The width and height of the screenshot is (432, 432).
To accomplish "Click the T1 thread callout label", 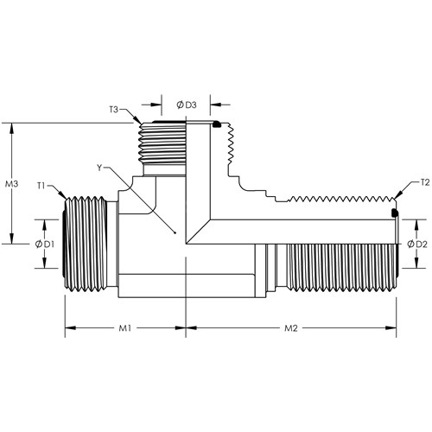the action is pyautogui.click(x=41, y=186).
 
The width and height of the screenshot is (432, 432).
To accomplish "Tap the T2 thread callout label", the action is pyautogui.click(x=425, y=182).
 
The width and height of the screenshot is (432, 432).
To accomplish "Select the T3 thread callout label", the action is pyautogui.click(x=114, y=110).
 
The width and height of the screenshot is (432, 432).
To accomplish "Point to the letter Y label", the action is pyautogui.click(x=99, y=168).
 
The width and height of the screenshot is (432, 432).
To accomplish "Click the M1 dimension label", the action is pyautogui.click(x=125, y=328).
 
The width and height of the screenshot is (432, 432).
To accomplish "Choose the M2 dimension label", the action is pyautogui.click(x=291, y=328).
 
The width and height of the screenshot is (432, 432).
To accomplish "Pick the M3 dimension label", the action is pyautogui.click(x=12, y=184).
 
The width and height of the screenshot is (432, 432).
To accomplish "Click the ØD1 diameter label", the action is pyautogui.click(x=45, y=245).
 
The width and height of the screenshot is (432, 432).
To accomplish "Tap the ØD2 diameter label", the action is pyautogui.click(x=416, y=245).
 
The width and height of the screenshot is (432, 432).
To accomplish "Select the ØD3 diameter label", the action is pyautogui.click(x=187, y=105).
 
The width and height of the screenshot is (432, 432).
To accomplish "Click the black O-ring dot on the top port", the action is pyautogui.click(x=216, y=124).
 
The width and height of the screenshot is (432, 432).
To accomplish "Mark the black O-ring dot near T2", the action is pyautogui.click(x=394, y=213).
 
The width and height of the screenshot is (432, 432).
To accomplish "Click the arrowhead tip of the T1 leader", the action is pyautogui.click(x=67, y=199).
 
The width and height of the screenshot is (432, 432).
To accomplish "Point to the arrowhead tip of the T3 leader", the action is pyautogui.click(x=141, y=124).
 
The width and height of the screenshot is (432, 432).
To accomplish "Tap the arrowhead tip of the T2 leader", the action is pyautogui.click(x=395, y=199).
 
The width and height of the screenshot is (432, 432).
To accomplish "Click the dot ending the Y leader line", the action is pyautogui.click(x=175, y=232).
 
